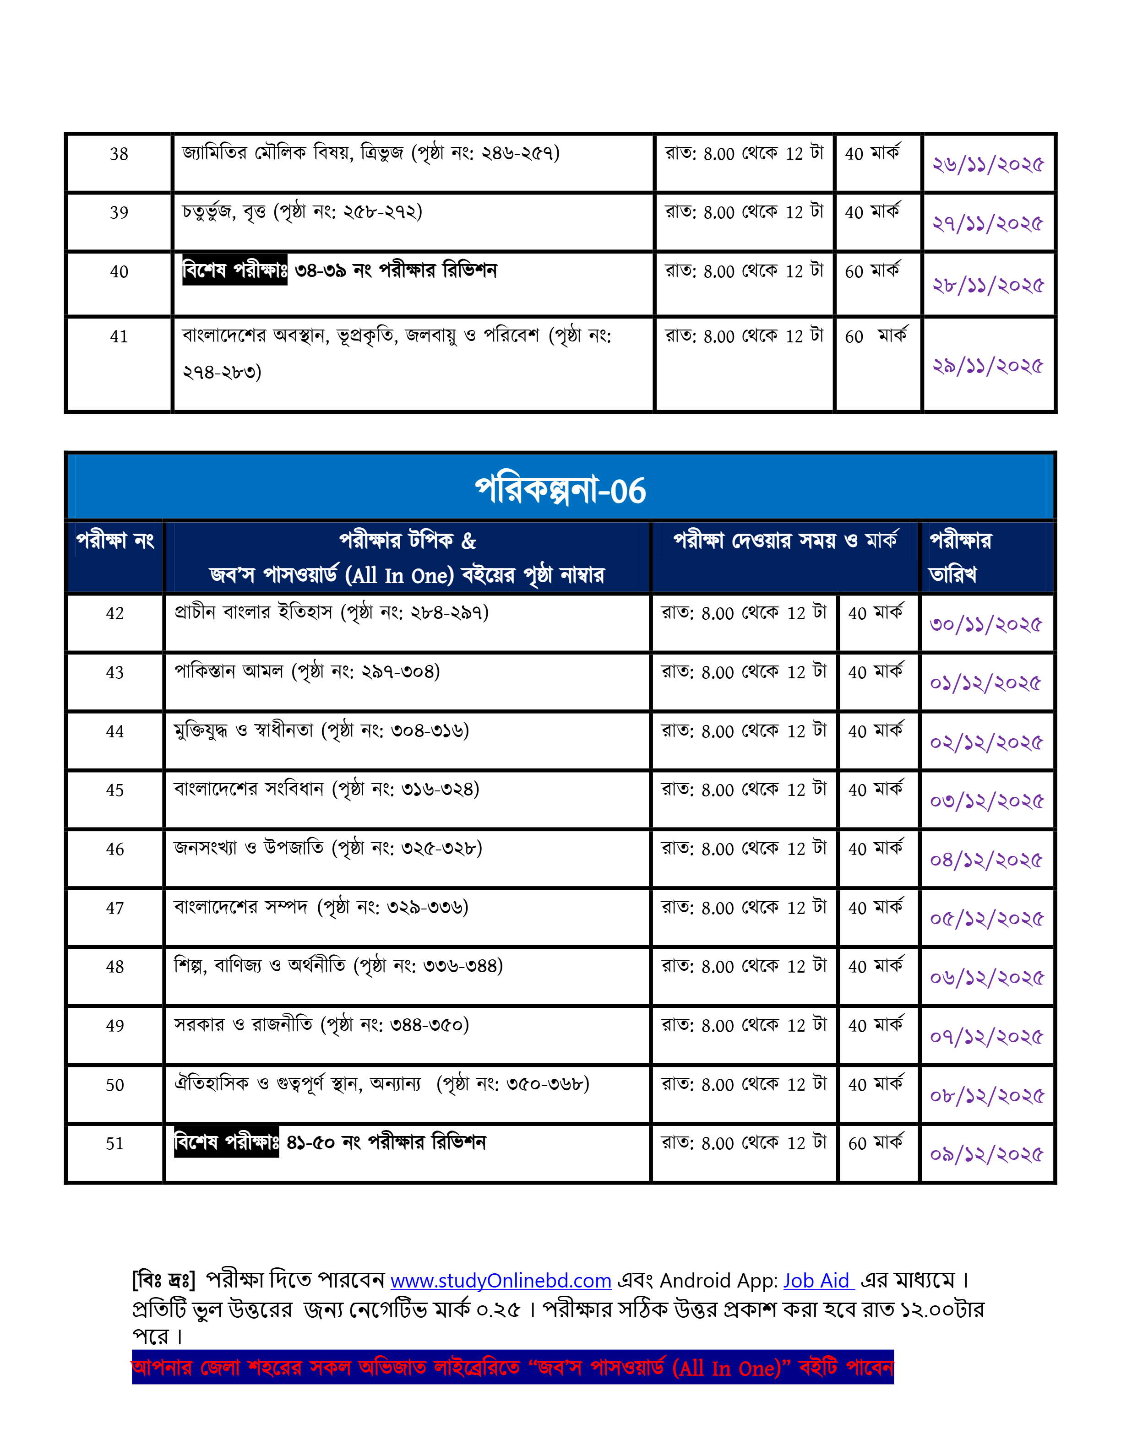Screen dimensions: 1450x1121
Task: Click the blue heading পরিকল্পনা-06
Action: pos(560,490)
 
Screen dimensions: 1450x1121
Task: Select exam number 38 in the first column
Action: pos(119,154)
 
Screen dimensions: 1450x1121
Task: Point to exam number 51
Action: pos(115,1143)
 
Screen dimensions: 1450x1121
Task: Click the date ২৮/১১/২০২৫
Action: pos(988,286)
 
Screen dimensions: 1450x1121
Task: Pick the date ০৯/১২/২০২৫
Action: pos(986,1155)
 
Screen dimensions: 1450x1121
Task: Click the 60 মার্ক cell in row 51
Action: pos(875,1143)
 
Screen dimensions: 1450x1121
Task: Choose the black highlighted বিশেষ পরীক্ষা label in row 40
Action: pos(234,270)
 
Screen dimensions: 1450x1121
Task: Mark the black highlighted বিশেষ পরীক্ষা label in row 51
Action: pos(226,1142)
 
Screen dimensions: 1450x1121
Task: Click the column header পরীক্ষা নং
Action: pos(115,541)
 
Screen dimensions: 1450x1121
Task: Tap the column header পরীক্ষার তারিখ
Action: pos(960,557)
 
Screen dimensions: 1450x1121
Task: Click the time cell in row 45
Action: pos(744,790)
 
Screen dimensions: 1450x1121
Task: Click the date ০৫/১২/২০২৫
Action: pos(986,920)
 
